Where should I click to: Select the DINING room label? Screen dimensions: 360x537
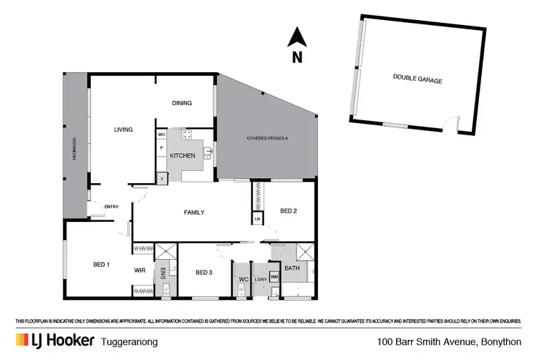click(182, 103)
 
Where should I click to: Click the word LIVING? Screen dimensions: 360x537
click(124, 130)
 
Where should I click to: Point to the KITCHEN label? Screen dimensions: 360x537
click(183, 155)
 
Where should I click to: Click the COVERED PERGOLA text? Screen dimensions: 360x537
click(267, 137)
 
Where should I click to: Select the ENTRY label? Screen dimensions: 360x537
click(112, 207)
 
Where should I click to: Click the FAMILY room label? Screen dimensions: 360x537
click(194, 213)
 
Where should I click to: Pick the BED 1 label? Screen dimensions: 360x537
click(101, 265)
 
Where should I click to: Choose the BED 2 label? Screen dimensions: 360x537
click(288, 211)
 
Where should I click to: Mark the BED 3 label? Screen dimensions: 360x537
click(204, 272)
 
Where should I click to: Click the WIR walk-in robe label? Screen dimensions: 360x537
click(140, 271)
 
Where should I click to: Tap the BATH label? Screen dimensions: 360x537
click(292, 268)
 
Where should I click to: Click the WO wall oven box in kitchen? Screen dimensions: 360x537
click(162, 134)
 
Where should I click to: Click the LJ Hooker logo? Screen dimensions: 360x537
click(54, 341)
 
